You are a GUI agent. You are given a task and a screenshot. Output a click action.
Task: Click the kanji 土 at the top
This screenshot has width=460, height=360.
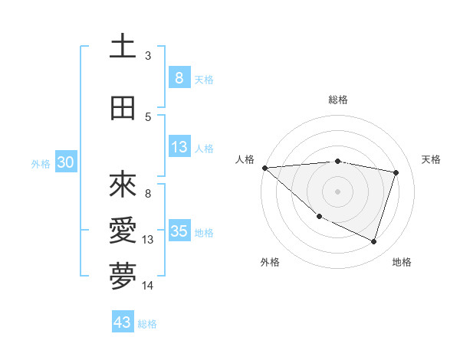tap(123, 47)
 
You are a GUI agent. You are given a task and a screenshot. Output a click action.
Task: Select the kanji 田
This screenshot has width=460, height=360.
tap(123, 109)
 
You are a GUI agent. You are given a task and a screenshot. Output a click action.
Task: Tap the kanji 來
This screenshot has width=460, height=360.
tap(123, 186)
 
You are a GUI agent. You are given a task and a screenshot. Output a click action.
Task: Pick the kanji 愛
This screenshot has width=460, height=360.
tap(123, 231)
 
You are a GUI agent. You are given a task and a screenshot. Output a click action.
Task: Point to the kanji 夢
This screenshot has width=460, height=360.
tap(123, 277)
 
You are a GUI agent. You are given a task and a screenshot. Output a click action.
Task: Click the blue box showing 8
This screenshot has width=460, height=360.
tap(179, 78)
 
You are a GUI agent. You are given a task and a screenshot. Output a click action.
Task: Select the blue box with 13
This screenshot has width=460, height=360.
tap(179, 147)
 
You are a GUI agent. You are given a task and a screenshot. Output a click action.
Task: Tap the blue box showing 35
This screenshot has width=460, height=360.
tap(179, 231)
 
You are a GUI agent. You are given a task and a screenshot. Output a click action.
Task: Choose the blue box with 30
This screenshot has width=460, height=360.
tap(65, 162)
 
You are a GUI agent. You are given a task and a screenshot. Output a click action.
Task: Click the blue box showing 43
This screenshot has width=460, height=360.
tap(123, 322)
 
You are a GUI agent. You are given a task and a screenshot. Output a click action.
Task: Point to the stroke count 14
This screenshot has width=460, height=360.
tap(148, 286)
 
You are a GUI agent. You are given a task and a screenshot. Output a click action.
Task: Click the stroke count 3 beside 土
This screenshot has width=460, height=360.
tap(148, 56)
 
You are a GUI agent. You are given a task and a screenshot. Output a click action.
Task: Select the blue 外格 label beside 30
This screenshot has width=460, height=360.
tap(41, 163)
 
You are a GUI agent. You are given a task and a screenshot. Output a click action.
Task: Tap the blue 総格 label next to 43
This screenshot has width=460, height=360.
tap(147, 323)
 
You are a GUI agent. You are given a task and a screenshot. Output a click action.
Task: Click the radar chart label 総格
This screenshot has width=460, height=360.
tap(337, 100)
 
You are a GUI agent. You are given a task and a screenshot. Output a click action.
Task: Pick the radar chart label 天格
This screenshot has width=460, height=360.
tap(431, 159)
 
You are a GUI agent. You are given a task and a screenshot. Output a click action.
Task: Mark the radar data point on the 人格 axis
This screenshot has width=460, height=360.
tap(264, 167)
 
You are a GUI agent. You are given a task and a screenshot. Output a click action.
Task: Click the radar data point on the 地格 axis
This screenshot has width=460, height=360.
tap(373, 241)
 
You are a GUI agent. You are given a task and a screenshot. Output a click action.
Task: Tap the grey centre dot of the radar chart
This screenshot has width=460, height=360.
tap(337, 191)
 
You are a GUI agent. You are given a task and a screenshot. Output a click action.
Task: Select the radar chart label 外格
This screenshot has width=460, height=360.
tap(270, 263)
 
